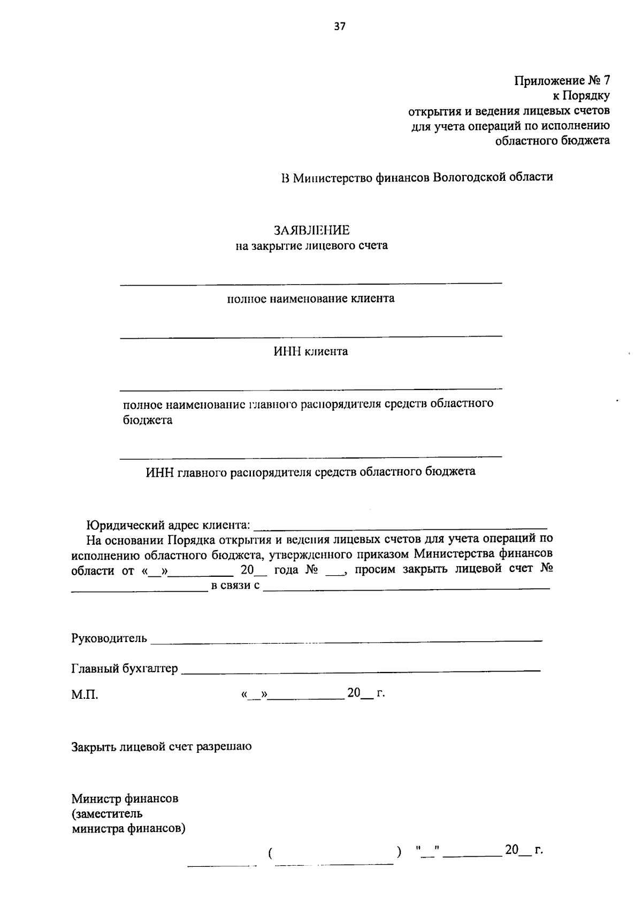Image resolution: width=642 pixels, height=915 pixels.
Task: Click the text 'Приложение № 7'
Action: tap(562, 81)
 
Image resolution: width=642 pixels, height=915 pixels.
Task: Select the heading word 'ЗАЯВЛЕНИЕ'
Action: tap(311, 231)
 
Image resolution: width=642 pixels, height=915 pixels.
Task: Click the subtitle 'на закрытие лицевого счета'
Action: tap(312, 247)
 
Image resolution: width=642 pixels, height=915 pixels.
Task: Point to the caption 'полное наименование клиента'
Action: tap(311, 299)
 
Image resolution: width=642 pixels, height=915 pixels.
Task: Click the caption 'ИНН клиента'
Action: tap(311, 352)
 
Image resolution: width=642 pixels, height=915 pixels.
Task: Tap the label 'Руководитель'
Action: tap(109, 638)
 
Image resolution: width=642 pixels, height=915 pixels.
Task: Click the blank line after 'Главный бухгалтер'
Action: tap(361, 669)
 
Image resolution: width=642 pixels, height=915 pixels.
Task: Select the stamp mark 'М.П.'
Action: tap(85, 695)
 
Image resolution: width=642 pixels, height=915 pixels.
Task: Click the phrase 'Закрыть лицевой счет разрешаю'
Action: tap(162, 746)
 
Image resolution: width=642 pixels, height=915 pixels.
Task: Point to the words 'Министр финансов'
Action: tap(125, 799)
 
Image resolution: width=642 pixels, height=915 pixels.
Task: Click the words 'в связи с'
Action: tap(235, 585)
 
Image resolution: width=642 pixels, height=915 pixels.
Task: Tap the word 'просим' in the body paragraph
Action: tap(374, 569)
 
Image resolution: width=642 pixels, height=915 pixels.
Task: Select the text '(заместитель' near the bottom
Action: tap(107, 814)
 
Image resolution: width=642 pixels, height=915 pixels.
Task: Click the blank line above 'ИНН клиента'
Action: tap(311, 335)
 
